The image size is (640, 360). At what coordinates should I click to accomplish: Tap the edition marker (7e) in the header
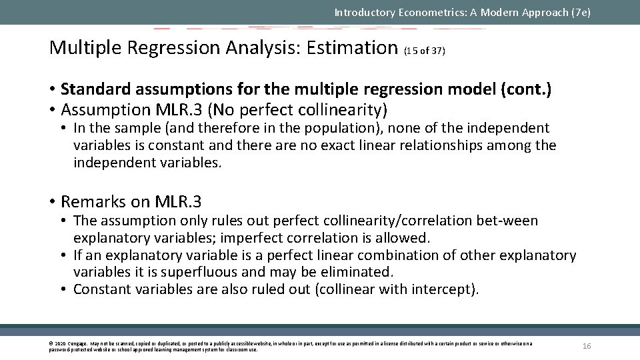pyautogui.click(x=579, y=12)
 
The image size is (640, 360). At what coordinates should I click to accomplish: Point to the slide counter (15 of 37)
pyautogui.click(x=425, y=51)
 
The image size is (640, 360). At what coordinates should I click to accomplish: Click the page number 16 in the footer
pyautogui.click(x=587, y=345)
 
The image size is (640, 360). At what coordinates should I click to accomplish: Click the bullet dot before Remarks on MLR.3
pyautogui.click(x=53, y=201)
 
